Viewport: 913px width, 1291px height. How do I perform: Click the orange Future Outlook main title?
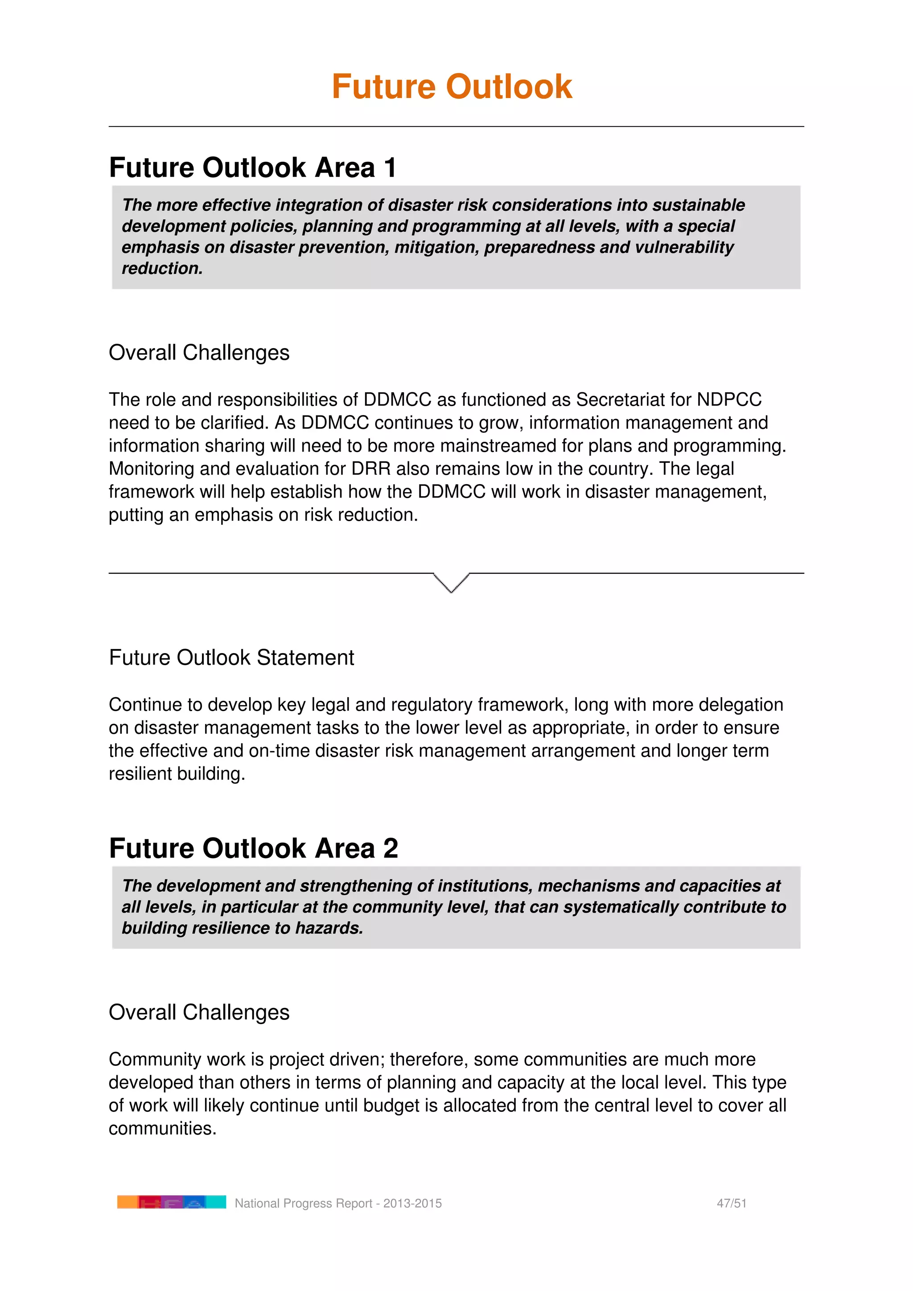(452, 87)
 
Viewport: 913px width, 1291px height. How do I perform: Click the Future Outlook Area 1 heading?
(253, 168)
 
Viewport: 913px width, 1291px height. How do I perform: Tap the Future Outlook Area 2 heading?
(254, 848)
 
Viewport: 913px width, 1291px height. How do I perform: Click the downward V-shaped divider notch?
(452, 583)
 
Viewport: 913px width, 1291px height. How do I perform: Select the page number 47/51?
(732, 1203)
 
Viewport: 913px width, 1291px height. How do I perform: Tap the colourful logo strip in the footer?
(172, 1202)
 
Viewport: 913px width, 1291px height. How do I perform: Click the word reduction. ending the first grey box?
(162, 269)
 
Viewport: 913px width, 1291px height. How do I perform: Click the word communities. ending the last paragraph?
(162, 1128)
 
